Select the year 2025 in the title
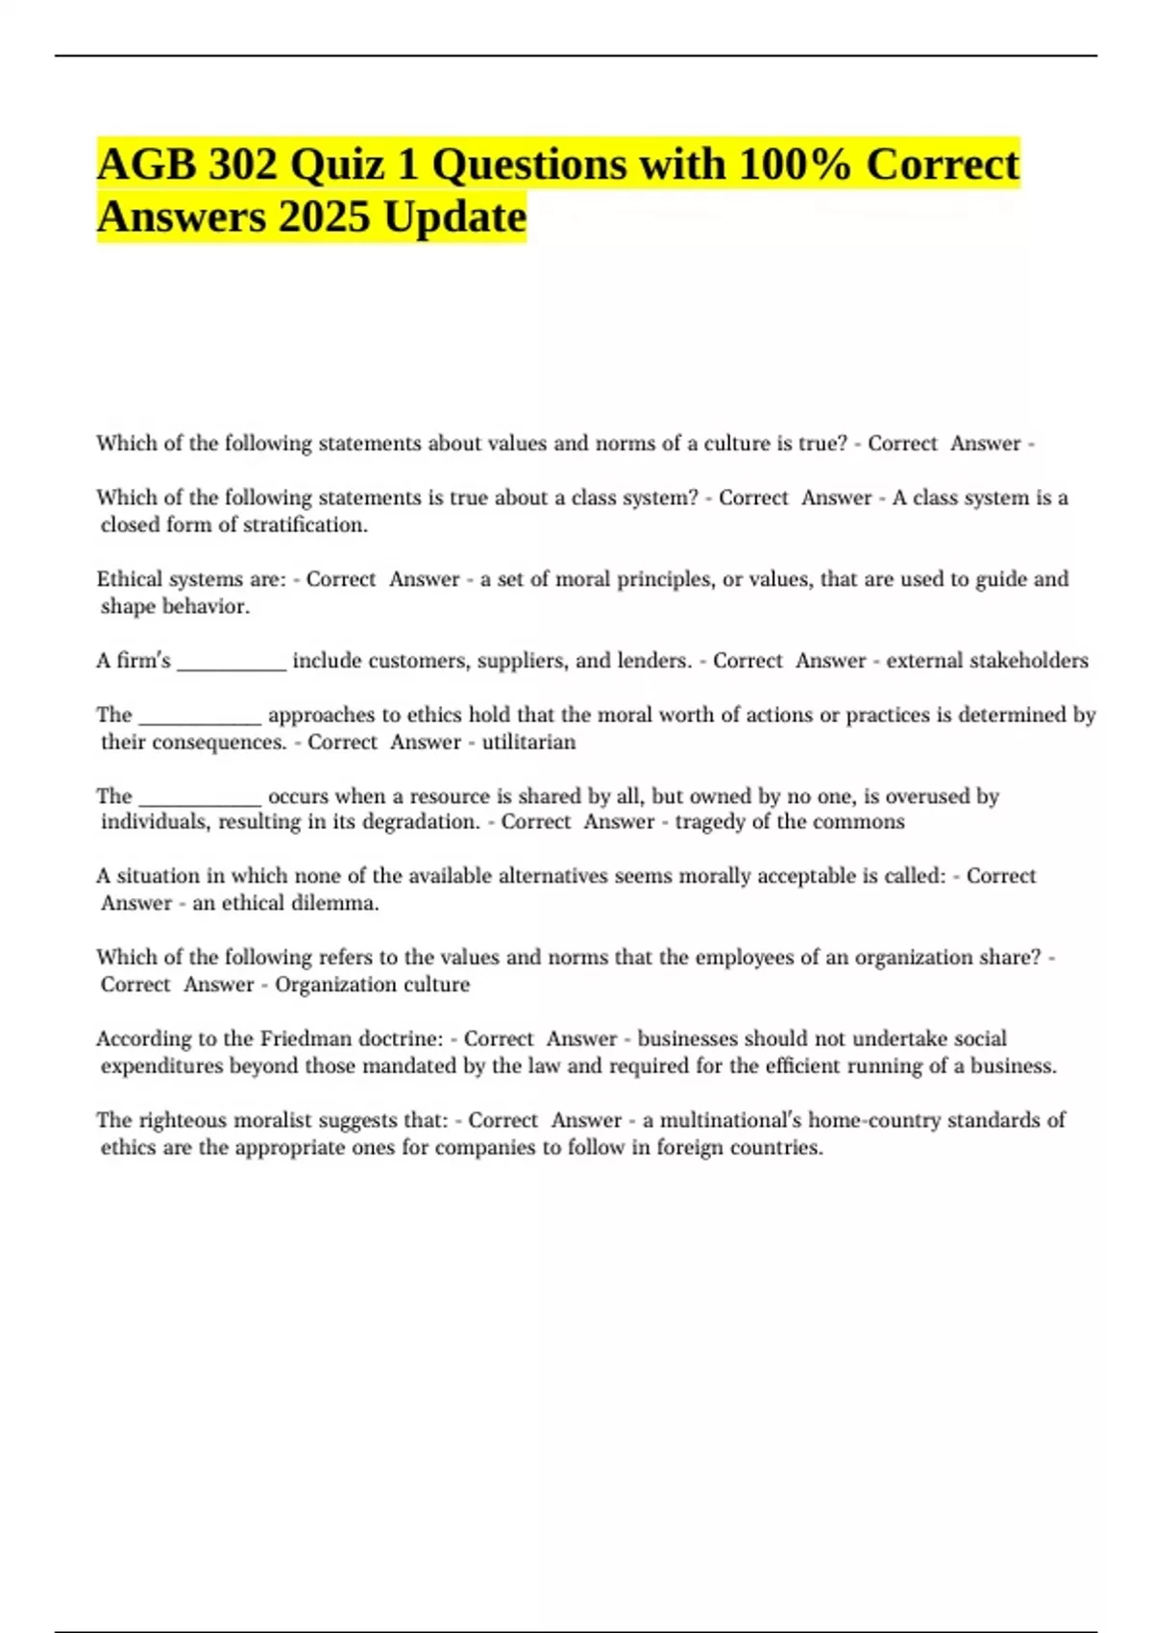(324, 216)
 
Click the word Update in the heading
(454, 216)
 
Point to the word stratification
(305, 525)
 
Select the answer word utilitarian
(528, 743)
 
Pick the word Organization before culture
(330, 985)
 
